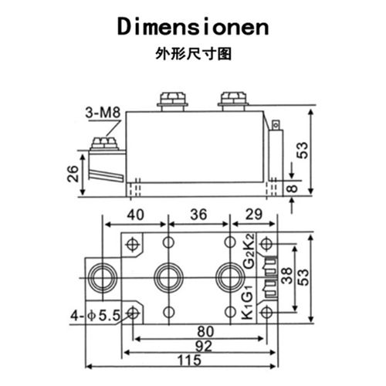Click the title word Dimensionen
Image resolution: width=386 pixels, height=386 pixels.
coord(193,27)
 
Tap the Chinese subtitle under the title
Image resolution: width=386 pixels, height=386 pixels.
coord(193,55)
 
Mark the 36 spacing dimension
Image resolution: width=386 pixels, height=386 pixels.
coord(198,215)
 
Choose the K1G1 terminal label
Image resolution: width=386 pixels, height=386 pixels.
coord(249,303)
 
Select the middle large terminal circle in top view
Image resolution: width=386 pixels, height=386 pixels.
coord(168,277)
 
